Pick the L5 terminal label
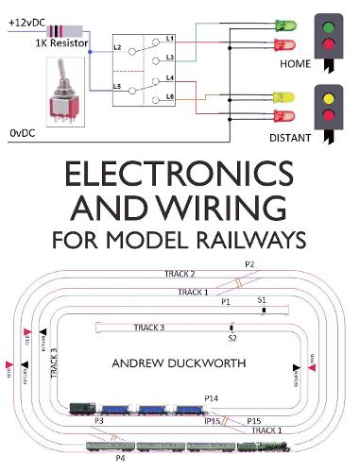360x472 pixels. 118,86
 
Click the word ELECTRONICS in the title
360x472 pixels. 180,177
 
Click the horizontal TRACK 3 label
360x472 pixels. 148,328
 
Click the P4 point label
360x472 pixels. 119,458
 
